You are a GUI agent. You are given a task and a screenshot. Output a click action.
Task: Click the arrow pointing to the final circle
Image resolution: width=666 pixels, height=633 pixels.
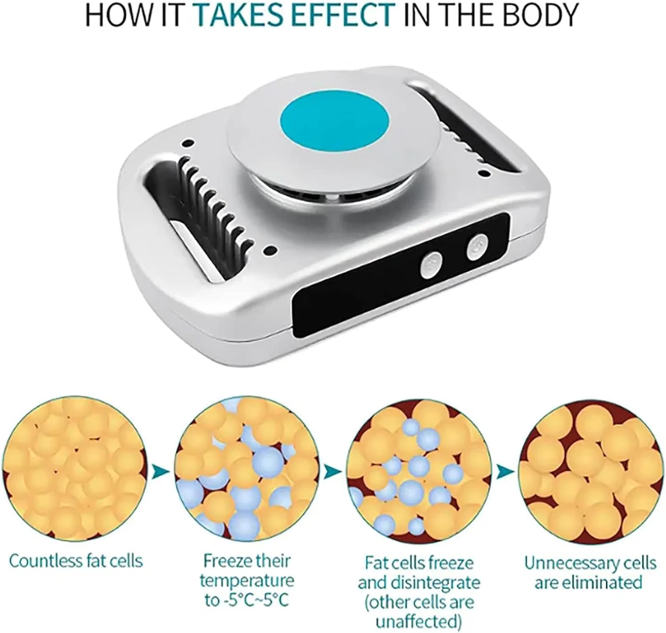(x=505, y=472)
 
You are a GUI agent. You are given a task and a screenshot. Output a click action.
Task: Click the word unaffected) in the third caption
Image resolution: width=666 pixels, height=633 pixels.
(x=419, y=622)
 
